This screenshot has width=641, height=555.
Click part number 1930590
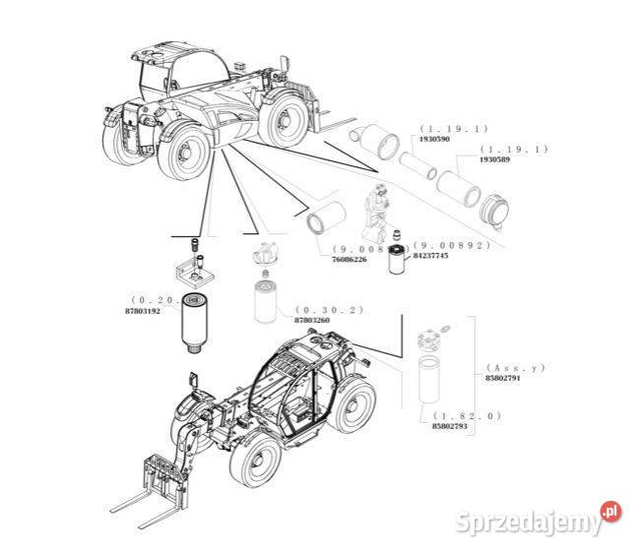(435, 139)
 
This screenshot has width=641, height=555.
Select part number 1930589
(493, 158)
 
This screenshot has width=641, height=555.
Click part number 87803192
(144, 309)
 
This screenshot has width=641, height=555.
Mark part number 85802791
(502, 377)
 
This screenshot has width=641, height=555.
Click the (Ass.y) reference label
(516, 366)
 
